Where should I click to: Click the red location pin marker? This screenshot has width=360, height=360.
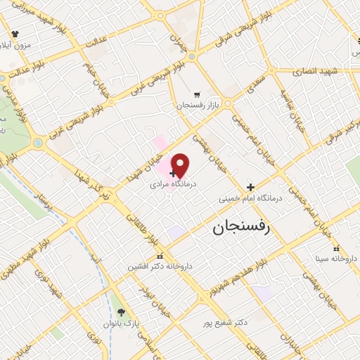[181, 165]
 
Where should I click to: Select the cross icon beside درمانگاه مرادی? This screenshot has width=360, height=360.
[173, 173]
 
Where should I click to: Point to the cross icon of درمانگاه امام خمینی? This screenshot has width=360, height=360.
[250, 187]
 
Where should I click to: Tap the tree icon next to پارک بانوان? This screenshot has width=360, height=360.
[122, 312]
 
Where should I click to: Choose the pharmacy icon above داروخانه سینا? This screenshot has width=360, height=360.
[336, 248]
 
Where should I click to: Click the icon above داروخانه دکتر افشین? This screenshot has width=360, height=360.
[160, 257]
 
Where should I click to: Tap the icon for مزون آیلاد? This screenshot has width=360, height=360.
[15, 33]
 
